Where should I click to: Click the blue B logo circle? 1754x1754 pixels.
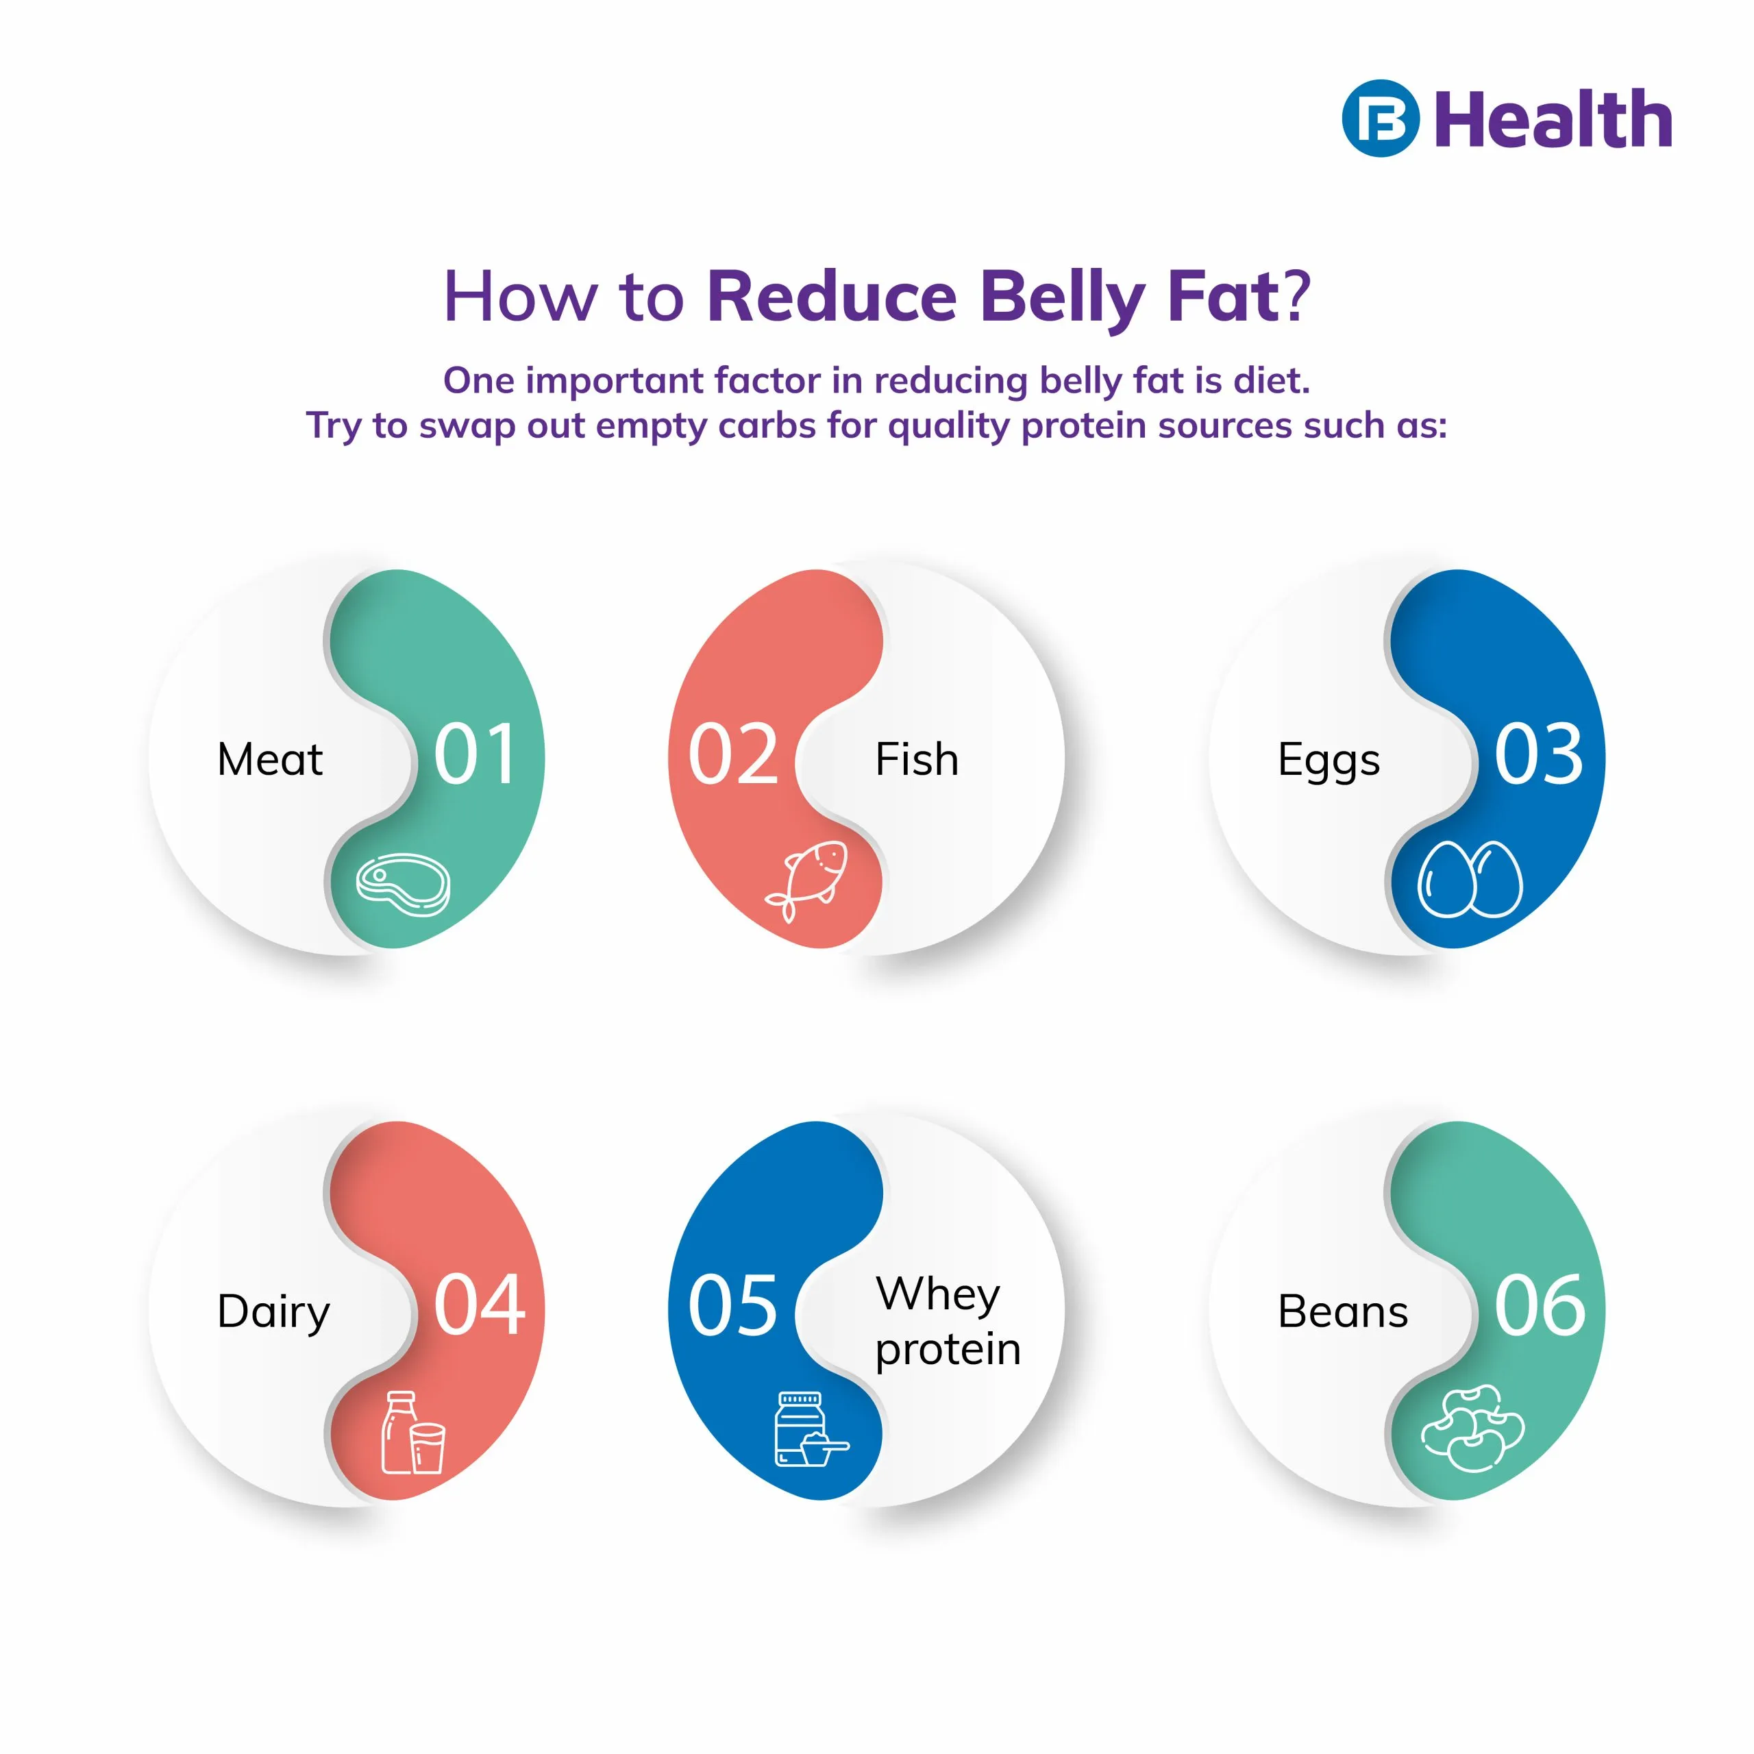1379,119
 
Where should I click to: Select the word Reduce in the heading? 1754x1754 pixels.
832,296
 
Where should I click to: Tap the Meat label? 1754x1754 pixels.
270,760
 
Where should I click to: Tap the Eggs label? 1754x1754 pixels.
1329,761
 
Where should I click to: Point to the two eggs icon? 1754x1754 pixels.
1470,879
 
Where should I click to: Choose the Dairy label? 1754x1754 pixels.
273,1313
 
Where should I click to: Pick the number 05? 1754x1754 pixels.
732,1307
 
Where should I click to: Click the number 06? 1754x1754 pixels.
1540,1307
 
